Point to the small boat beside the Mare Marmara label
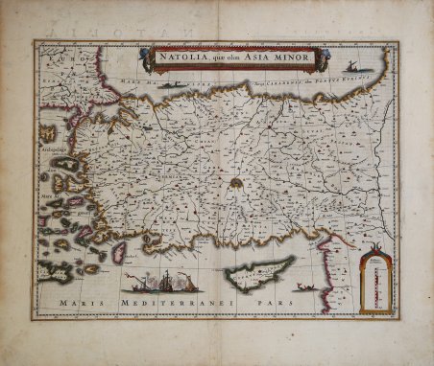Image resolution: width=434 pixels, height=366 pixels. [174, 85]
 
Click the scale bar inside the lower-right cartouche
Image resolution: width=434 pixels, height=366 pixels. [375, 283]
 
